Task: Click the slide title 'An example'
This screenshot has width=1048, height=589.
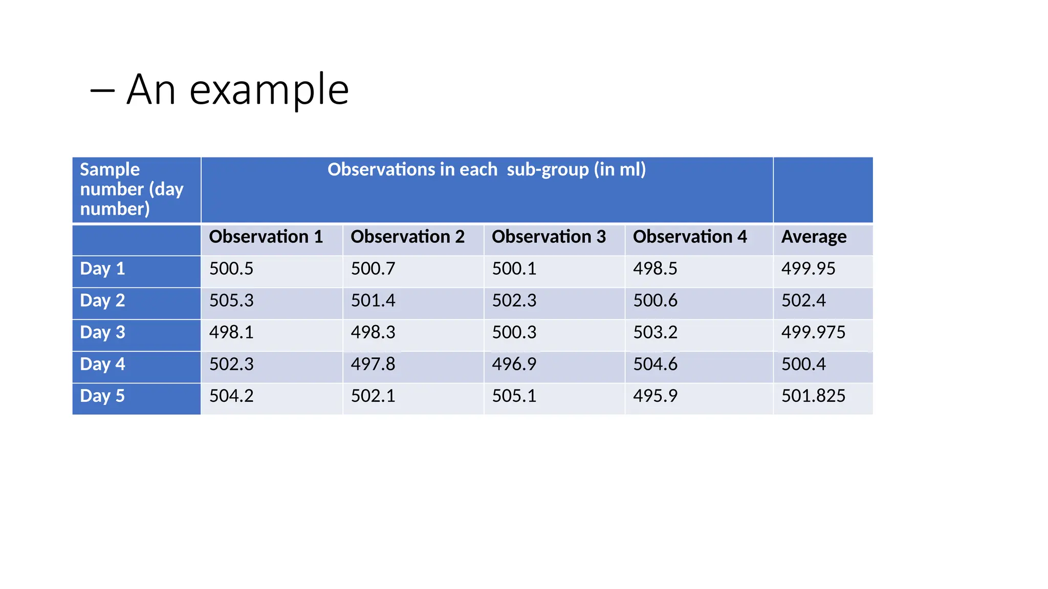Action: click(237, 89)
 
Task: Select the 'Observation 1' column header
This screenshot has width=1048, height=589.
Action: click(266, 237)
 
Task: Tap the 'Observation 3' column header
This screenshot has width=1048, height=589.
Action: click(549, 237)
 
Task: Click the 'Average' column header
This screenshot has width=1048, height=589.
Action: click(814, 237)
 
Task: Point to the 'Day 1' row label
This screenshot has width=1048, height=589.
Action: click(102, 269)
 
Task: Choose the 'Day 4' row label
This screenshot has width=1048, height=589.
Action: click(102, 365)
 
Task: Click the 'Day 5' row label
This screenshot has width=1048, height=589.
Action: click(102, 396)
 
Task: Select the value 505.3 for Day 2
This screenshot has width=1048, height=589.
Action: click(231, 301)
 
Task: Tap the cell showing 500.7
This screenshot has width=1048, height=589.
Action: click(373, 269)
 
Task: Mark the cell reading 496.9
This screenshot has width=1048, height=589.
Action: click(514, 365)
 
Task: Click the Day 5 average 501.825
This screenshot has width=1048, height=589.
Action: click(813, 396)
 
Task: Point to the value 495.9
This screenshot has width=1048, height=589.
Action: click(655, 396)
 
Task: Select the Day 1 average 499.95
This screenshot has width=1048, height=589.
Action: click(808, 269)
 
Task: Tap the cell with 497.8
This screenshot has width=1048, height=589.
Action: click(373, 365)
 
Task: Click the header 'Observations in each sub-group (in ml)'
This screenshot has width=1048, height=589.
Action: click(487, 170)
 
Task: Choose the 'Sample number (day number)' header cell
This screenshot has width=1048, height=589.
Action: click(132, 189)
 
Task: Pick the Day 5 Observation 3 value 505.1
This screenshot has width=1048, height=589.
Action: click(514, 396)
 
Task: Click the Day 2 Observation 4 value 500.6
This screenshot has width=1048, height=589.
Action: click(655, 301)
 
